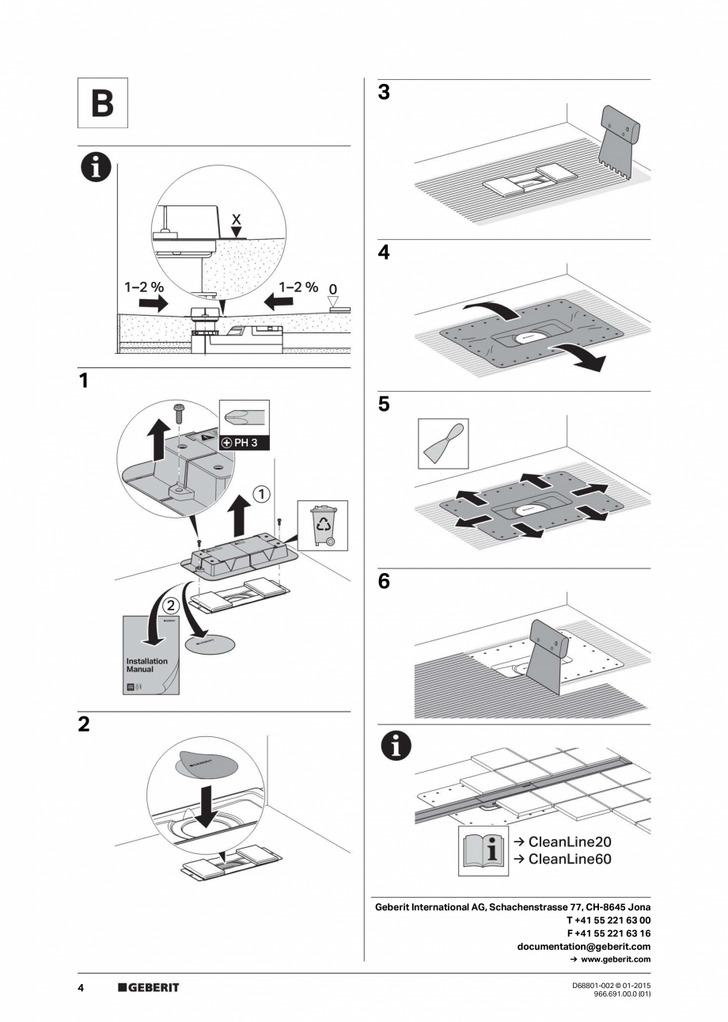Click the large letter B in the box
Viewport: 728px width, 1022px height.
point(102,104)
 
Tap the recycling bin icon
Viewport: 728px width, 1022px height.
point(322,523)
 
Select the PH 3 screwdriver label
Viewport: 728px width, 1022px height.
point(245,442)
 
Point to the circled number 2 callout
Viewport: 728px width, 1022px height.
point(171,606)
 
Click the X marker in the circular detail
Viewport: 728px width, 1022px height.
point(235,217)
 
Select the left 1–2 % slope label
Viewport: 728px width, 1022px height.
point(143,287)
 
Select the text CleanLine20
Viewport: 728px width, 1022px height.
point(570,842)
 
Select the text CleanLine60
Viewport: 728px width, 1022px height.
point(570,859)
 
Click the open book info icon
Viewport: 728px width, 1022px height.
point(483,850)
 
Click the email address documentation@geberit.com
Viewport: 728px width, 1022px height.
point(583,946)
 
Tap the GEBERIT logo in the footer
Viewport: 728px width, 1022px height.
point(149,987)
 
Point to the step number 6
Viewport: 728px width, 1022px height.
point(385,581)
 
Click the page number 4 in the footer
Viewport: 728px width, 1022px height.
point(81,987)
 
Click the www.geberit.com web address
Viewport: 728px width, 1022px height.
point(615,959)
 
